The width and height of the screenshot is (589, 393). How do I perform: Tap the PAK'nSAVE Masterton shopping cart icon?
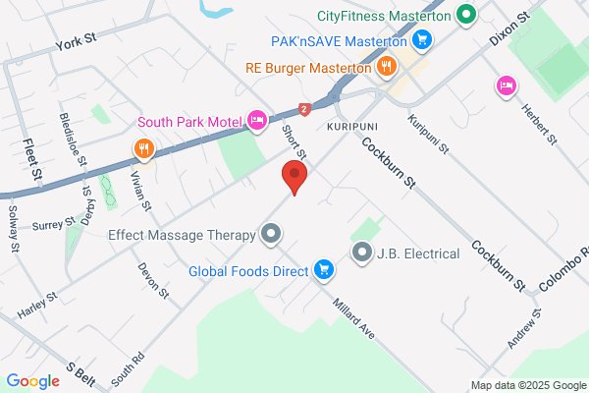tap(422, 40)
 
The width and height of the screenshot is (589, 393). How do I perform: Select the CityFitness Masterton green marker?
tap(467, 16)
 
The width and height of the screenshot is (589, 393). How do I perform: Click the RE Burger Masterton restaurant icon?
tap(387, 67)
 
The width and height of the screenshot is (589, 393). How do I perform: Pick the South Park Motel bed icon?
tap(257, 120)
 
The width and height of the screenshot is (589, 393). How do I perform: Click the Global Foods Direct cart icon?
tap(323, 268)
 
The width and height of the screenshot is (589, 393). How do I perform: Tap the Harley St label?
tap(38, 306)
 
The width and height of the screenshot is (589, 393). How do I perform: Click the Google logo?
tap(32, 381)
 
